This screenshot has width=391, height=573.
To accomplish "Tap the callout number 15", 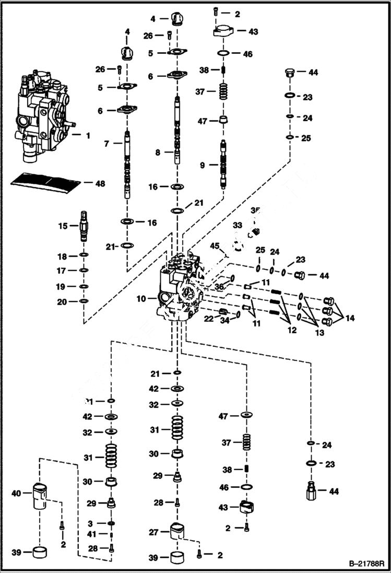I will (63, 226).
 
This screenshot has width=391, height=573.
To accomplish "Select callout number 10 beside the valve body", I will (140, 299).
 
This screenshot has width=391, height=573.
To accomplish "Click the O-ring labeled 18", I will (84, 256).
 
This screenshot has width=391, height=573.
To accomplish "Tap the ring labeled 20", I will (84, 301).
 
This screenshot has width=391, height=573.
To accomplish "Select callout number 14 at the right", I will (349, 318).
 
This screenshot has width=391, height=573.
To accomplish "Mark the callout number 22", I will (208, 318).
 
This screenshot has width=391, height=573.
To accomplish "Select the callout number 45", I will (214, 246).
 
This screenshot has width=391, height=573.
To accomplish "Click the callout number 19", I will (62, 286).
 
